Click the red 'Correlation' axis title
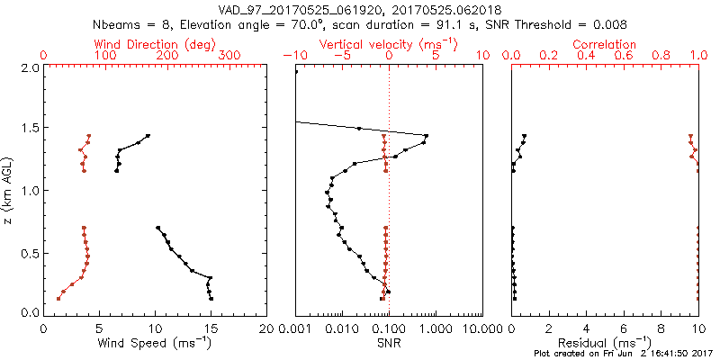pos(605,44)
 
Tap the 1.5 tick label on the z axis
pos(30,129)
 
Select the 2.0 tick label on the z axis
pos(30,67)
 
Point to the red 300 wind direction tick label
pos(229,56)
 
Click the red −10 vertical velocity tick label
pos(294,56)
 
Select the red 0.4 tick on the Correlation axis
pos(586,56)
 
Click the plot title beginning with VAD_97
pos(360,9)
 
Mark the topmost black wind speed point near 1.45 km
pos(148,136)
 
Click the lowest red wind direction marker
pos(58,298)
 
